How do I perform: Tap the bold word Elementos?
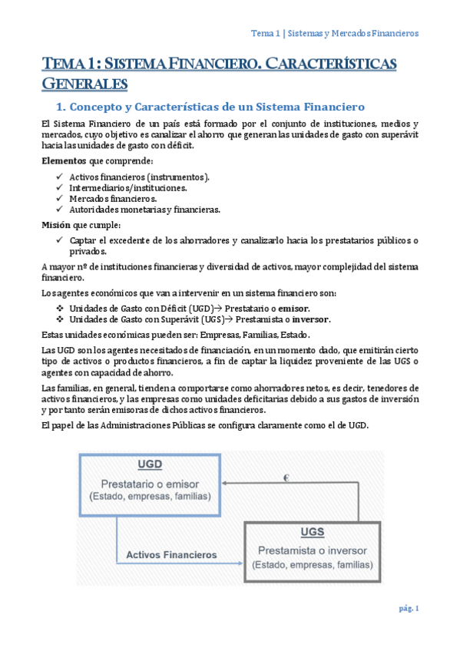tap(64, 160)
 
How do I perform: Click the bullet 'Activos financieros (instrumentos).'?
tap(139, 177)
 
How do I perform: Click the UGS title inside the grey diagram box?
tap(313, 533)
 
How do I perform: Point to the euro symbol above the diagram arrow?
tap(286, 478)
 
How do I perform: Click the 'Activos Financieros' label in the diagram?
tap(171, 554)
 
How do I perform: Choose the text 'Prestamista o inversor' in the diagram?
tap(312, 550)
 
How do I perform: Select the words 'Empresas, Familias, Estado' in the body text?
tap(241, 335)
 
